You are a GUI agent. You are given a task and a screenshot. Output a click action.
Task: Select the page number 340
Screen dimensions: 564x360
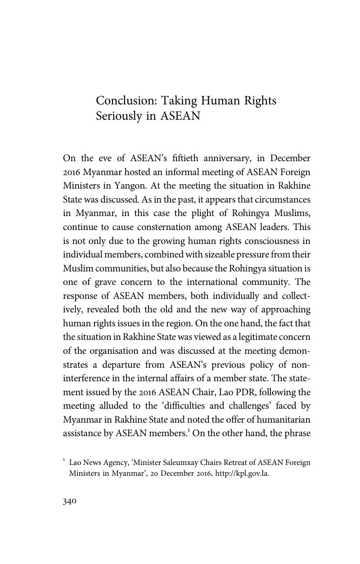coord(70,501)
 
